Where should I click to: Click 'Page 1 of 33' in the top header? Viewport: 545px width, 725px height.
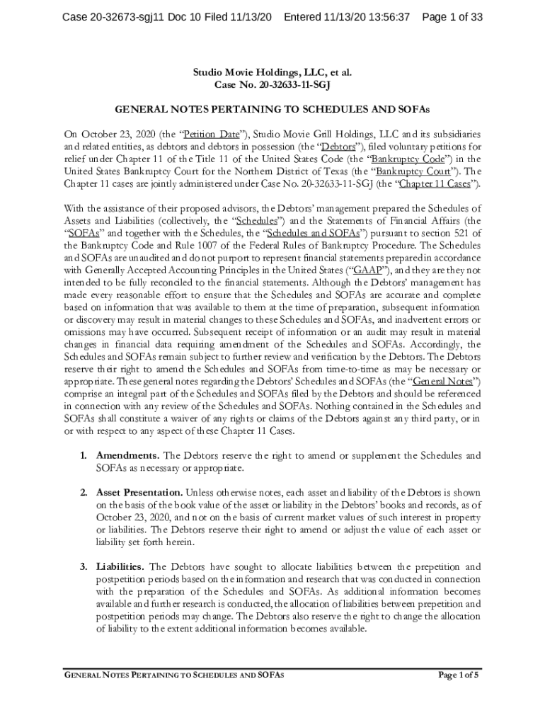452,17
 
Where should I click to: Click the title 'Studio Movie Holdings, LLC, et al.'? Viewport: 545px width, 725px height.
272,72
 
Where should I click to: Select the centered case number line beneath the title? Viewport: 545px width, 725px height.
272,85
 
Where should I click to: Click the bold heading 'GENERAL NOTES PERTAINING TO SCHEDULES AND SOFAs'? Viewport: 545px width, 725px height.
272,110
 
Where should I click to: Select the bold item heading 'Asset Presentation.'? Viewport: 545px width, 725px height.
139,493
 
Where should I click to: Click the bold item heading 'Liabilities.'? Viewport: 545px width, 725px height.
120,566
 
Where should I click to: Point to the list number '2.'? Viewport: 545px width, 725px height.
84,493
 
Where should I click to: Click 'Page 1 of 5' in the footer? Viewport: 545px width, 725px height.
459,675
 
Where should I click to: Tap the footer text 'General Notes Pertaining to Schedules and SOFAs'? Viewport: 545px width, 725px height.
174,675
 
